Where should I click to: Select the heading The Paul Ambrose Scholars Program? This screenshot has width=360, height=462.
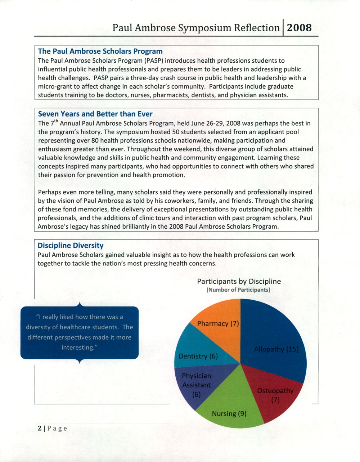pos(100,51)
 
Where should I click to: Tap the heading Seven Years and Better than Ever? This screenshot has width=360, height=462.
pos(95,114)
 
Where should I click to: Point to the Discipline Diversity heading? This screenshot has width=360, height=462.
pos(71,246)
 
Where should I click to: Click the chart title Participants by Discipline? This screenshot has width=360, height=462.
pos(239,281)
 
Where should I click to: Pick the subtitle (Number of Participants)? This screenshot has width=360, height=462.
pos(238,290)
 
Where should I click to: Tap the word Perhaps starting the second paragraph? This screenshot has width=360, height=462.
pos(50,192)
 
